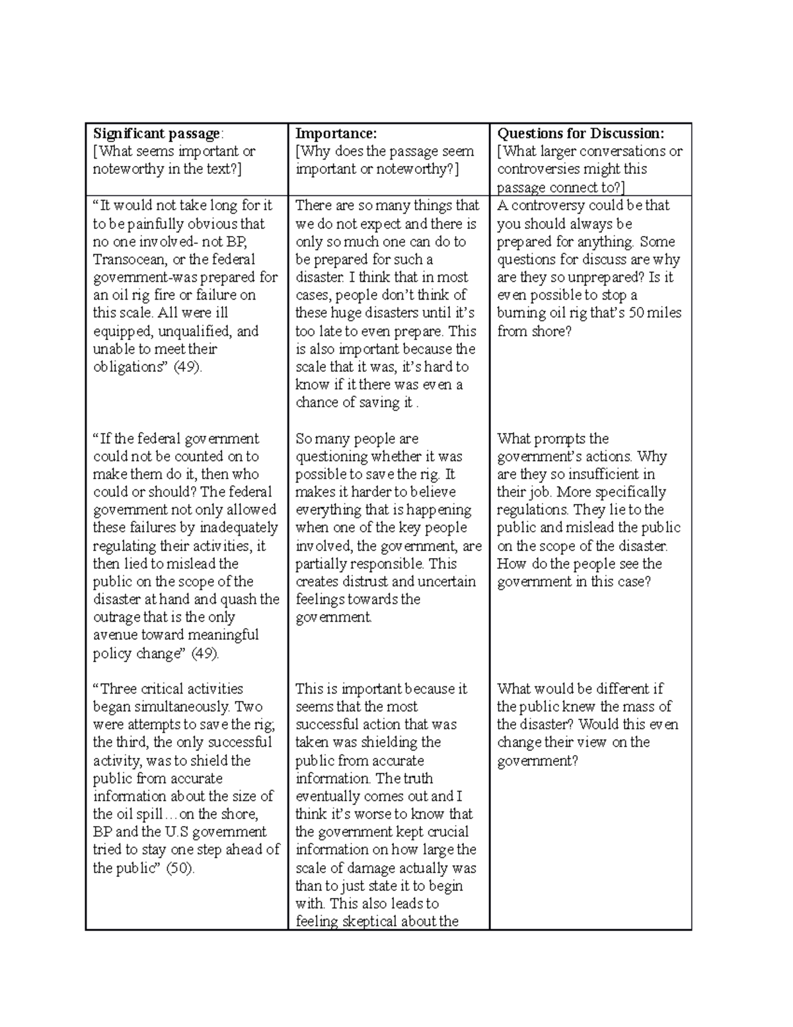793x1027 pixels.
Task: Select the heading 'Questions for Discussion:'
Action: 580,134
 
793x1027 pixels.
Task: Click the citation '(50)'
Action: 180,868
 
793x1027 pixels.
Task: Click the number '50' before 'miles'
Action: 636,313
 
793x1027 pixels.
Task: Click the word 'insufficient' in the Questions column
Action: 584,474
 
